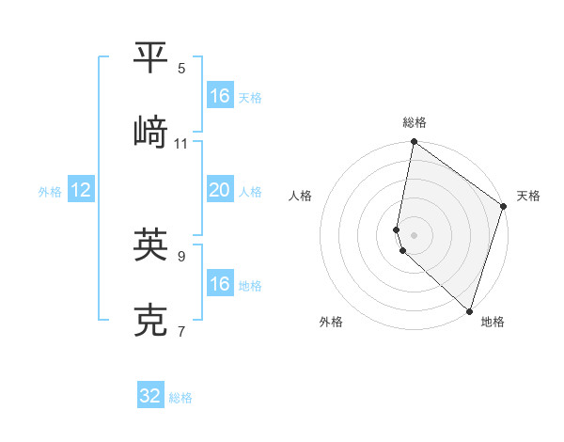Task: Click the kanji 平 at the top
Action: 151,57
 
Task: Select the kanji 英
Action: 151,244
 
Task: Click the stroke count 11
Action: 181,144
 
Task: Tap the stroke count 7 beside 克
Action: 181,332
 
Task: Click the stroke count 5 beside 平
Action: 181,69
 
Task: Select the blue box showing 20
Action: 219,190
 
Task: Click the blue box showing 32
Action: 150,396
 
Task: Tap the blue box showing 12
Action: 81,190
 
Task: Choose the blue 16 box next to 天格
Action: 219,96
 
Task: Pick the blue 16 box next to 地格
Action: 219,284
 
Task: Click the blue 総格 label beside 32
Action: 180,398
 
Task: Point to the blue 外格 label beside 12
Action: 50,192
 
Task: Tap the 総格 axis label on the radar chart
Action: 415,123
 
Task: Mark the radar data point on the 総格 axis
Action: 414,143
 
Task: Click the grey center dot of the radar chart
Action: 414,234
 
